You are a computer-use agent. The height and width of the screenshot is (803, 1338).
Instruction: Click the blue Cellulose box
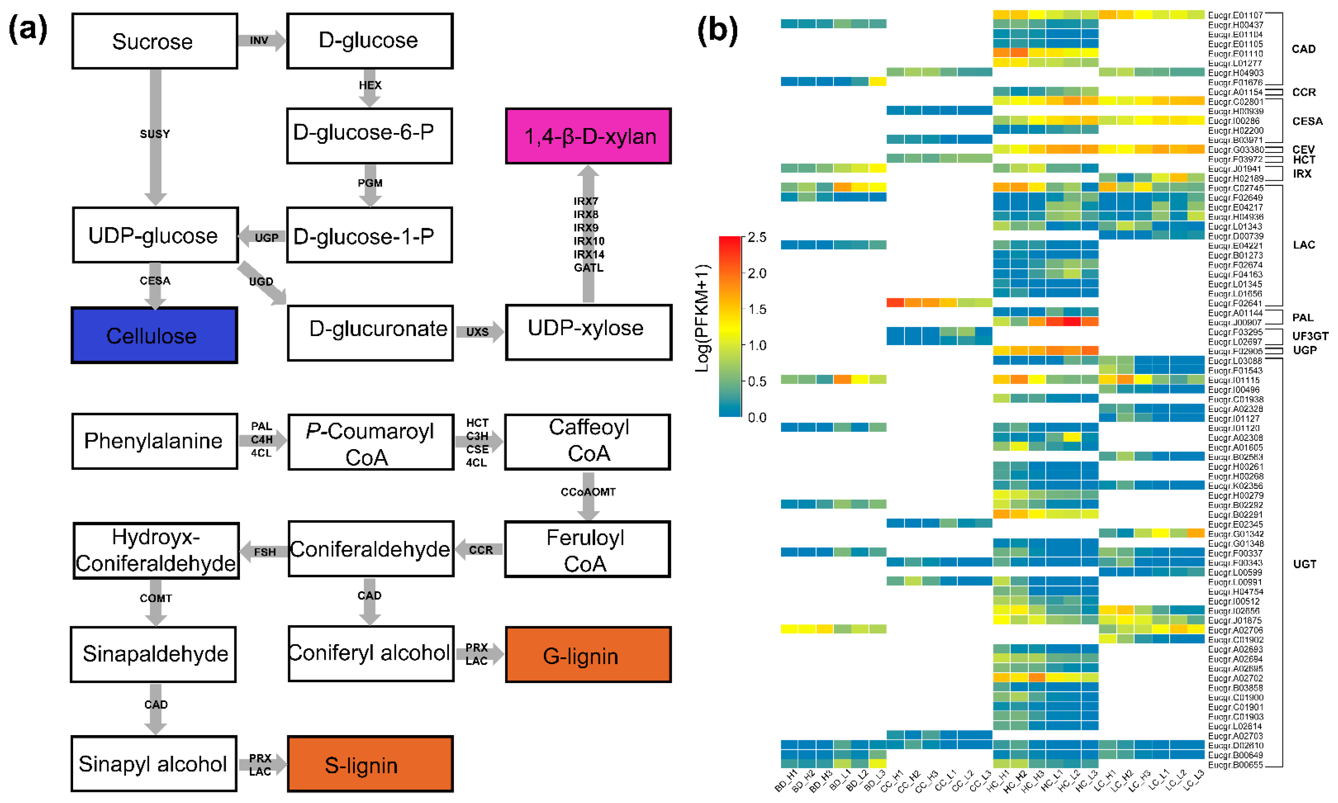click(x=154, y=336)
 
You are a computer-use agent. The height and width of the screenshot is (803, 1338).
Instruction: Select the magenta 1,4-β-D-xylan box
click(x=588, y=136)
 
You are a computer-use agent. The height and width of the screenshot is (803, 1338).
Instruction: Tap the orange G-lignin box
click(x=588, y=655)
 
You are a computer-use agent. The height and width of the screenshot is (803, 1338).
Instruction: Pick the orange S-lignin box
click(x=370, y=764)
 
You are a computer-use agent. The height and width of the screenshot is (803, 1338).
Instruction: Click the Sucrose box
click(x=154, y=41)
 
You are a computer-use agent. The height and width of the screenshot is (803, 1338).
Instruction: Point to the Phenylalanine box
click(x=154, y=441)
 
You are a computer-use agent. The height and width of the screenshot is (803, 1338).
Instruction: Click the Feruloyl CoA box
click(x=587, y=549)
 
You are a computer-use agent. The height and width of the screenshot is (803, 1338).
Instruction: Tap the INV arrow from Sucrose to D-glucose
click(x=262, y=41)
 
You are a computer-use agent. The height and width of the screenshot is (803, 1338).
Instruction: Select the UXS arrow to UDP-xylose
click(x=478, y=332)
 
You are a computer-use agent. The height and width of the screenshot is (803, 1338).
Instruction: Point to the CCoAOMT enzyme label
click(x=588, y=492)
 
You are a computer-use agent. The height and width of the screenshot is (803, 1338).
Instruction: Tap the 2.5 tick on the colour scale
click(x=757, y=237)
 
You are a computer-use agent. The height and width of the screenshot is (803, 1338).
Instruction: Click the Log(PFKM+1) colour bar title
click(x=702, y=318)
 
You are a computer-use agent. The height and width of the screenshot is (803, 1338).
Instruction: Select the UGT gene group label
click(x=1305, y=564)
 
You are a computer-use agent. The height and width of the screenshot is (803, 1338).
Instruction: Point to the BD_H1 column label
click(x=786, y=780)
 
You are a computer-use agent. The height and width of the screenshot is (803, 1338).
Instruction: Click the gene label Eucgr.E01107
click(x=1235, y=15)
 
